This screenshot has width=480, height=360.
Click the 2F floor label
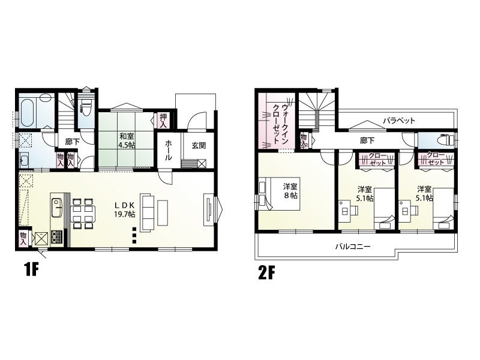click(x=266, y=273)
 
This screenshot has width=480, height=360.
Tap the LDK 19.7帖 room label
click(x=125, y=209)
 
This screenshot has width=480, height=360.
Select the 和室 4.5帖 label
click(x=127, y=140)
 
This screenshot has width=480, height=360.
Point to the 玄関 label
click(x=199, y=146)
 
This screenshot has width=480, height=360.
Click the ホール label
click(x=169, y=151)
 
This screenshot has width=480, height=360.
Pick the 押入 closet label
click(x=163, y=121)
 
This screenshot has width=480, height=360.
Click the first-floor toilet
click(x=85, y=108)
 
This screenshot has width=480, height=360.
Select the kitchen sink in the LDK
click(x=56, y=208)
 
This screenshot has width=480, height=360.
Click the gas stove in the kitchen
click(x=57, y=236)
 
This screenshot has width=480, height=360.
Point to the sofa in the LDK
click(x=145, y=212)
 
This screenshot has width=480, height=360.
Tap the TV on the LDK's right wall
click(x=209, y=209)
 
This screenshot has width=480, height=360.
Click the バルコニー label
click(x=353, y=247)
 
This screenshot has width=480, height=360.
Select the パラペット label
click(x=399, y=121)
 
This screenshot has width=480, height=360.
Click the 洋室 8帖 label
click(x=290, y=191)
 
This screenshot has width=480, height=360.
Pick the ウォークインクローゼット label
click(x=280, y=124)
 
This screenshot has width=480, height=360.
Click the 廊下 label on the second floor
click(x=367, y=140)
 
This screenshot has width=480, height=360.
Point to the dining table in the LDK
click(x=83, y=214)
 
